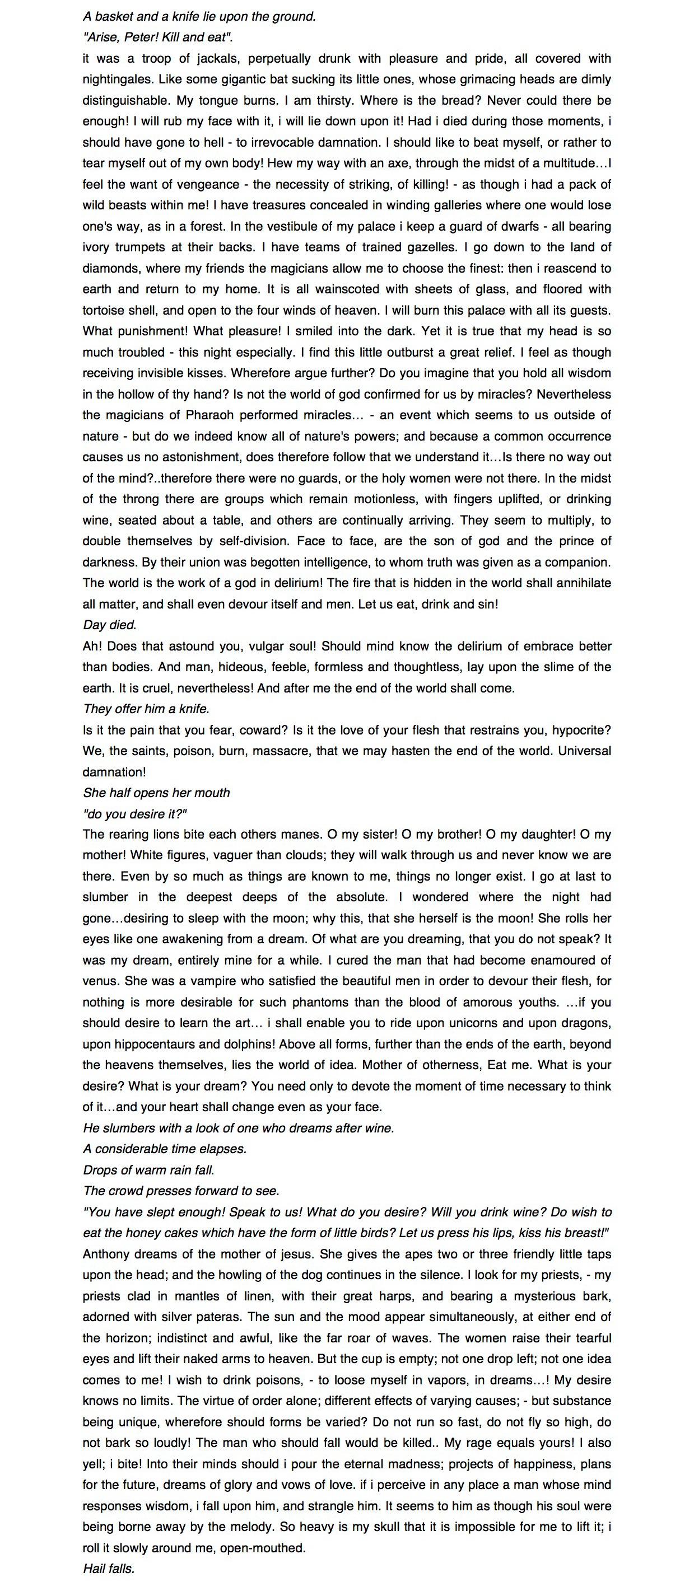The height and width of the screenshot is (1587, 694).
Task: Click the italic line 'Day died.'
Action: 110,625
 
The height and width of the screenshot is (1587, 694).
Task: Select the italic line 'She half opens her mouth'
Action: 156,793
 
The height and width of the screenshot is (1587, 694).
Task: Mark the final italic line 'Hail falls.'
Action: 109,1569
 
